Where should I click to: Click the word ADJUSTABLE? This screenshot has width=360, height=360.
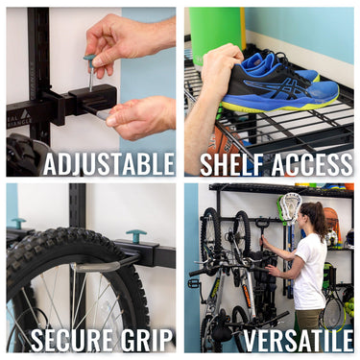click(108, 163)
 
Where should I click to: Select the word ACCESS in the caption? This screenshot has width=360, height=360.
click(310, 163)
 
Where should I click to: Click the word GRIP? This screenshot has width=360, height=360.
click(145, 339)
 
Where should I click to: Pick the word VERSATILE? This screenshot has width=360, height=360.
click(298, 339)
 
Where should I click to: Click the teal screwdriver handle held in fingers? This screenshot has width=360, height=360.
click(89, 60)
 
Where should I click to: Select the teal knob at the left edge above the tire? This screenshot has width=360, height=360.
click(17, 222)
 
